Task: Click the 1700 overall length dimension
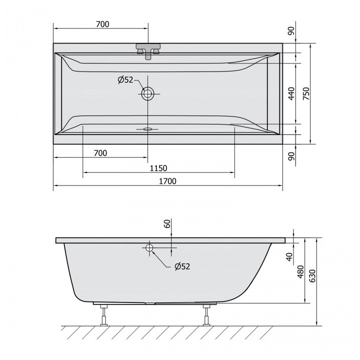coord(168,181)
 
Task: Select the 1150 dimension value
coord(158,168)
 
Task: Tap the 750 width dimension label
coord(306,93)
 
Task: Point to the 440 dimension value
coord(291,93)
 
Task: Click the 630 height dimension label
coord(312,276)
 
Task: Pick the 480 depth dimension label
coord(300,272)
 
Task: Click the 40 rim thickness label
coord(289,256)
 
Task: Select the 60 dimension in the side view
coord(167,223)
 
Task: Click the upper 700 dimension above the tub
coord(102,24)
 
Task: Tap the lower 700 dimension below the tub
coord(100,153)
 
